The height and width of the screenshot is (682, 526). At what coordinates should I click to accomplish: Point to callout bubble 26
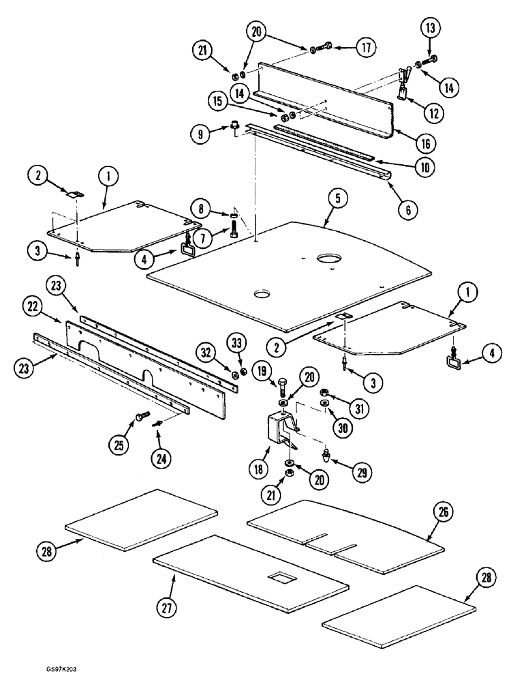(445, 512)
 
